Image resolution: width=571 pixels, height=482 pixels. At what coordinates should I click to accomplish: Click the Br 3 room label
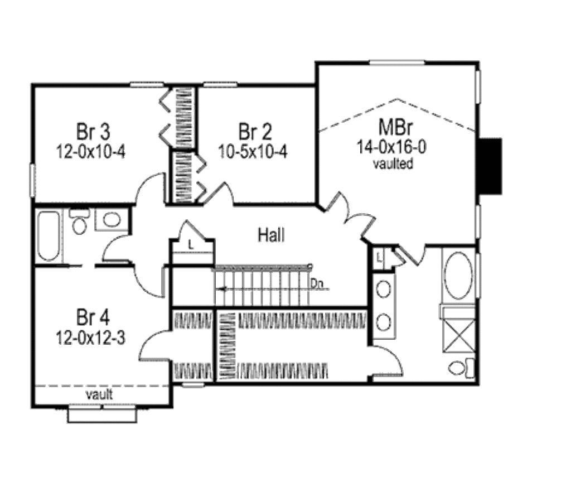(93, 132)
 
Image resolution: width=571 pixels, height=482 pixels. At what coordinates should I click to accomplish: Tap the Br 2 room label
(255, 132)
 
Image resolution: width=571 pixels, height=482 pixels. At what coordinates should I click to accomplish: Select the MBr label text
(395, 127)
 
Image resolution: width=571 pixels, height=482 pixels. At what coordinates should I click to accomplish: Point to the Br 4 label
(93, 317)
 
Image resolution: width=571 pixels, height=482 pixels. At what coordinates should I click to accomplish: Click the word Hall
(272, 235)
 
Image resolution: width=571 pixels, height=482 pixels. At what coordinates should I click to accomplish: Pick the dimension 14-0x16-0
(391, 147)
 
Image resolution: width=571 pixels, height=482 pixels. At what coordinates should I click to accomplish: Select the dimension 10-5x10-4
(253, 152)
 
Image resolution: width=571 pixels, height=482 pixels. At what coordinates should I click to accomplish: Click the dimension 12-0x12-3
(91, 338)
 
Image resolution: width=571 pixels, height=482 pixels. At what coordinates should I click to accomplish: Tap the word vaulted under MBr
(393, 163)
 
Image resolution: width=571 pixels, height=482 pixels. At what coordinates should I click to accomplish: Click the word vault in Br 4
(99, 394)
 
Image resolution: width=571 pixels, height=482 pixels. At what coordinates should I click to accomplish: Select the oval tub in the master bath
(458, 276)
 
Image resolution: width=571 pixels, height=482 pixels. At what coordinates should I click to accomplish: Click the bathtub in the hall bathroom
(49, 236)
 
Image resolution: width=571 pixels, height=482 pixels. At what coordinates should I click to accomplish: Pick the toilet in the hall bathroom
(79, 221)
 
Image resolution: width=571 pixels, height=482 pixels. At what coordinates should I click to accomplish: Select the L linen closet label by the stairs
(191, 245)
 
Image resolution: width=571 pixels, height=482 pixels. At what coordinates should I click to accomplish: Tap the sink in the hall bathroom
(112, 220)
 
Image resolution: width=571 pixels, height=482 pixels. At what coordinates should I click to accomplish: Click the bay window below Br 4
(103, 414)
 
